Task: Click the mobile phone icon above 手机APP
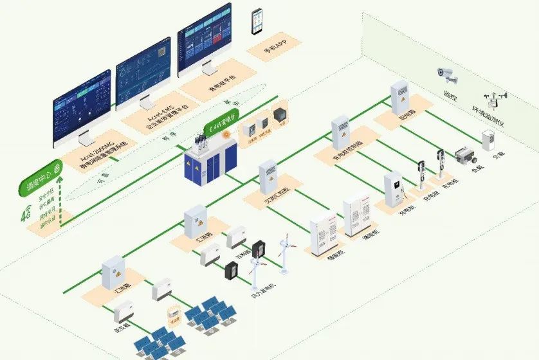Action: coord(258,21)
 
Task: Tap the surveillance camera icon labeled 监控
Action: coord(448,75)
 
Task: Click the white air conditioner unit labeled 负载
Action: coord(490,141)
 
